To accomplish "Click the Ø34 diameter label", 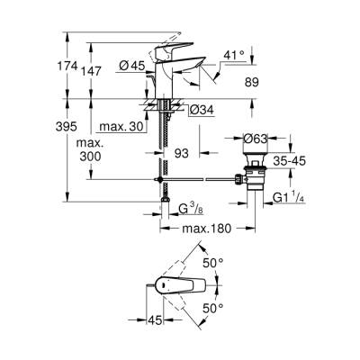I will [200, 109].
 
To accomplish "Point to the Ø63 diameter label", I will [258, 138].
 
